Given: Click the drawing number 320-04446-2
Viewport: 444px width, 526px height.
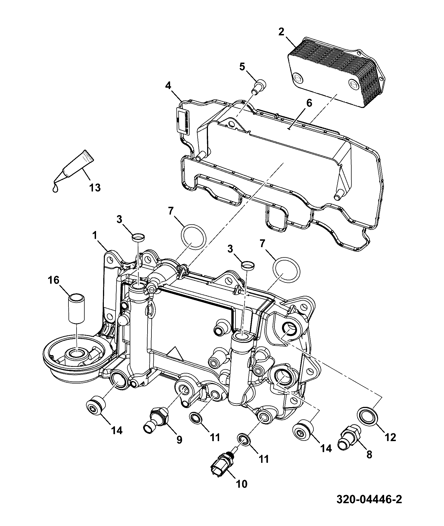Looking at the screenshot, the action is click(x=369, y=507).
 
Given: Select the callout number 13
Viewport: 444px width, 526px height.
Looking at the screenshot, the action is click(x=95, y=188).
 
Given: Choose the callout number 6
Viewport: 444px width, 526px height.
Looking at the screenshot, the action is click(x=309, y=103).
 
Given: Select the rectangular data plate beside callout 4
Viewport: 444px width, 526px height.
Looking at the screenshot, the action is click(x=183, y=122).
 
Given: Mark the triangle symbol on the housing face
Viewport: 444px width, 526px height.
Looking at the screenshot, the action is click(x=174, y=354).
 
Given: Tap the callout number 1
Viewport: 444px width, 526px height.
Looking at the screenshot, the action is click(x=95, y=236).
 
